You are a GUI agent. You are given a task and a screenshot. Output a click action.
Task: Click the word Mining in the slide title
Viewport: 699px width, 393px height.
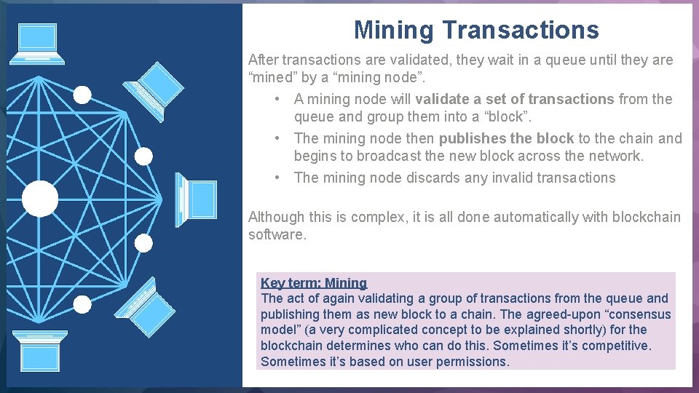point(393,30)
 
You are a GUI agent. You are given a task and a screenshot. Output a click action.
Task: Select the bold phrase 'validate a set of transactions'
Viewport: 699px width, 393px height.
point(515,99)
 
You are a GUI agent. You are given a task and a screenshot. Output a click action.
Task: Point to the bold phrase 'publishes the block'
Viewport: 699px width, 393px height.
point(506,138)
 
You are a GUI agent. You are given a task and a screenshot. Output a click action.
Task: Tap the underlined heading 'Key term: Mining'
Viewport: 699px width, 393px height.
point(314,283)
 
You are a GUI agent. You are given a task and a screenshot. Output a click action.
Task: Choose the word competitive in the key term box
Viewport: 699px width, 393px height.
point(615,346)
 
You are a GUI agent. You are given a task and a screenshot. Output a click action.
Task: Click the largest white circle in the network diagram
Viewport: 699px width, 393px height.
point(40,199)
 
